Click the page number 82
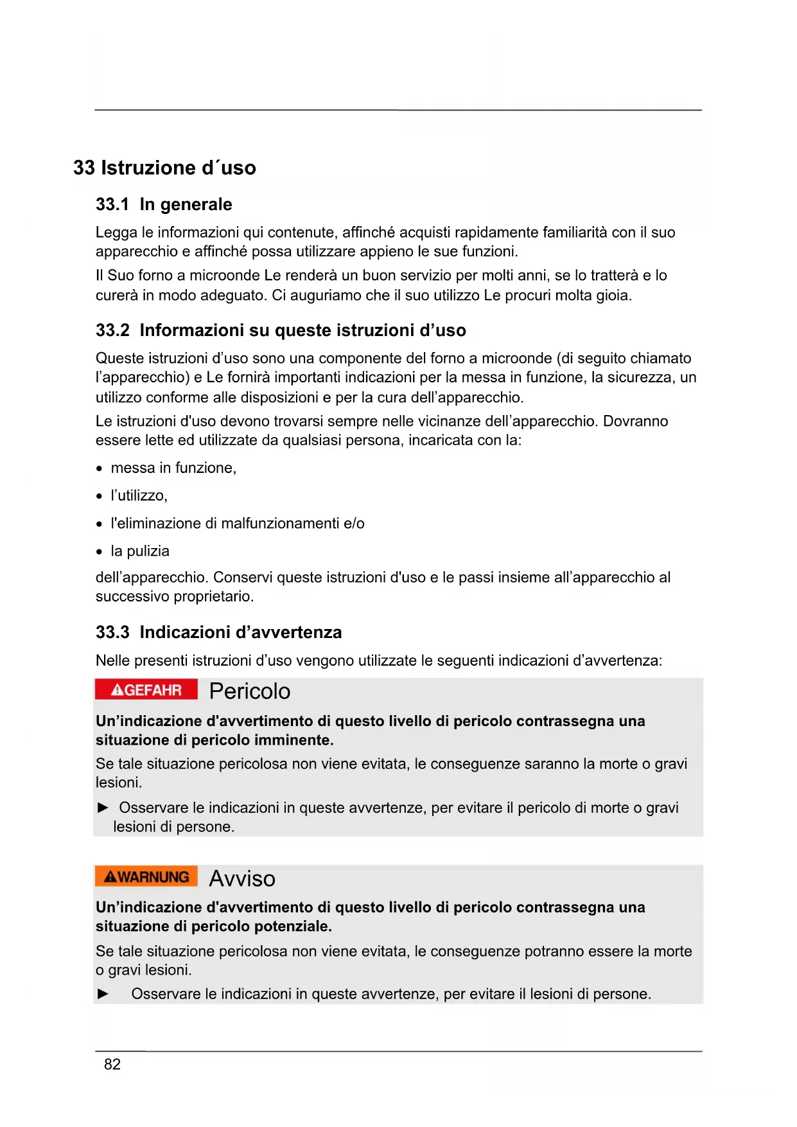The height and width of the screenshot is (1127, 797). [x=112, y=1065]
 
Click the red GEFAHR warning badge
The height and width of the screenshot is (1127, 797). [x=146, y=690]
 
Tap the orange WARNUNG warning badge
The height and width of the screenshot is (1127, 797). [x=146, y=877]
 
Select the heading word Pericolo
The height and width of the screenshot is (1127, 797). [x=250, y=691]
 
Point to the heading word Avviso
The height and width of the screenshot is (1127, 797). [x=242, y=878]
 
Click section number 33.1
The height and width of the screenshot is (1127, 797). [x=112, y=205]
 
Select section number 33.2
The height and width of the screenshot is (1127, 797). [x=112, y=331]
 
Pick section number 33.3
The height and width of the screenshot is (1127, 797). [x=112, y=633]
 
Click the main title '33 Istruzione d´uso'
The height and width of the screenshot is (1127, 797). [x=164, y=168]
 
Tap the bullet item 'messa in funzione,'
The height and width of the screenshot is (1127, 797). [x=173, y=468]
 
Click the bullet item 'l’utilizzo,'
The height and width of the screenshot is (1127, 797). [x=139, y=496]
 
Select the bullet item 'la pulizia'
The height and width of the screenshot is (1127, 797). [x=140, y=551]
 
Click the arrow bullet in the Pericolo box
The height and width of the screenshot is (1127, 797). [x=103, y=808]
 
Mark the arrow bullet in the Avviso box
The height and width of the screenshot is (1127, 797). [x=103, y=994]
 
